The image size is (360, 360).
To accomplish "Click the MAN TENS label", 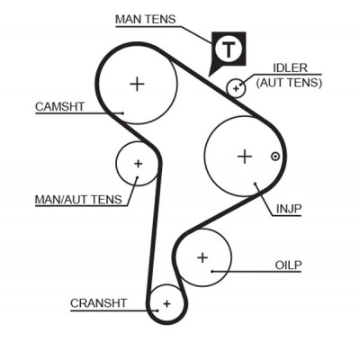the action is click(x=146, y=19).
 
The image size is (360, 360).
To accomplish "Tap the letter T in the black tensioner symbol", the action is click(x=229, y=49).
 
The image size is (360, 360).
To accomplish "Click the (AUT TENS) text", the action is click(x=289, y=82).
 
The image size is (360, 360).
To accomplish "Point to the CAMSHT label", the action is click(x=59, y=107).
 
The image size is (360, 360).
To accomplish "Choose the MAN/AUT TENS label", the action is click(x=78, y=200).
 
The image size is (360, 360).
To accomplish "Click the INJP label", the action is click(x=289, y=209).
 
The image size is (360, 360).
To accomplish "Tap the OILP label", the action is click(x=288, y=265).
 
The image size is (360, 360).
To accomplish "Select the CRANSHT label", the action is click(x=98, y=303).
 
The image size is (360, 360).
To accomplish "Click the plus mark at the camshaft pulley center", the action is click(x=137, y=84).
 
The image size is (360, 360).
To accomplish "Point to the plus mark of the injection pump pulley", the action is click(x=245, y=157).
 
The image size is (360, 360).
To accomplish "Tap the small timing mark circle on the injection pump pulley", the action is click(x=275, y=157).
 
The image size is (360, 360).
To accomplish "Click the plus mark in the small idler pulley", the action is click(x=236, y=88).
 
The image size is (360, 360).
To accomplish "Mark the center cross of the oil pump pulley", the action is click(x=202, y=257).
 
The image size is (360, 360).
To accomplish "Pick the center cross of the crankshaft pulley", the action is click(x=166, y=304).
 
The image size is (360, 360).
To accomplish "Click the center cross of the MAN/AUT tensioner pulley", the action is click(x=138, y=164).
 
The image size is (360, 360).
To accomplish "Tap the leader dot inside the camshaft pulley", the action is click(x=122, y=113).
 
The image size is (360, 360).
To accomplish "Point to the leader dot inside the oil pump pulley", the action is click(x=211, y=271).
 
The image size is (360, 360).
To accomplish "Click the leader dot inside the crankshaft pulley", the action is click(x=157, y=310).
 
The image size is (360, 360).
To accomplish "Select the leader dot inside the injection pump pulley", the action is click(x=255, y=183).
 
